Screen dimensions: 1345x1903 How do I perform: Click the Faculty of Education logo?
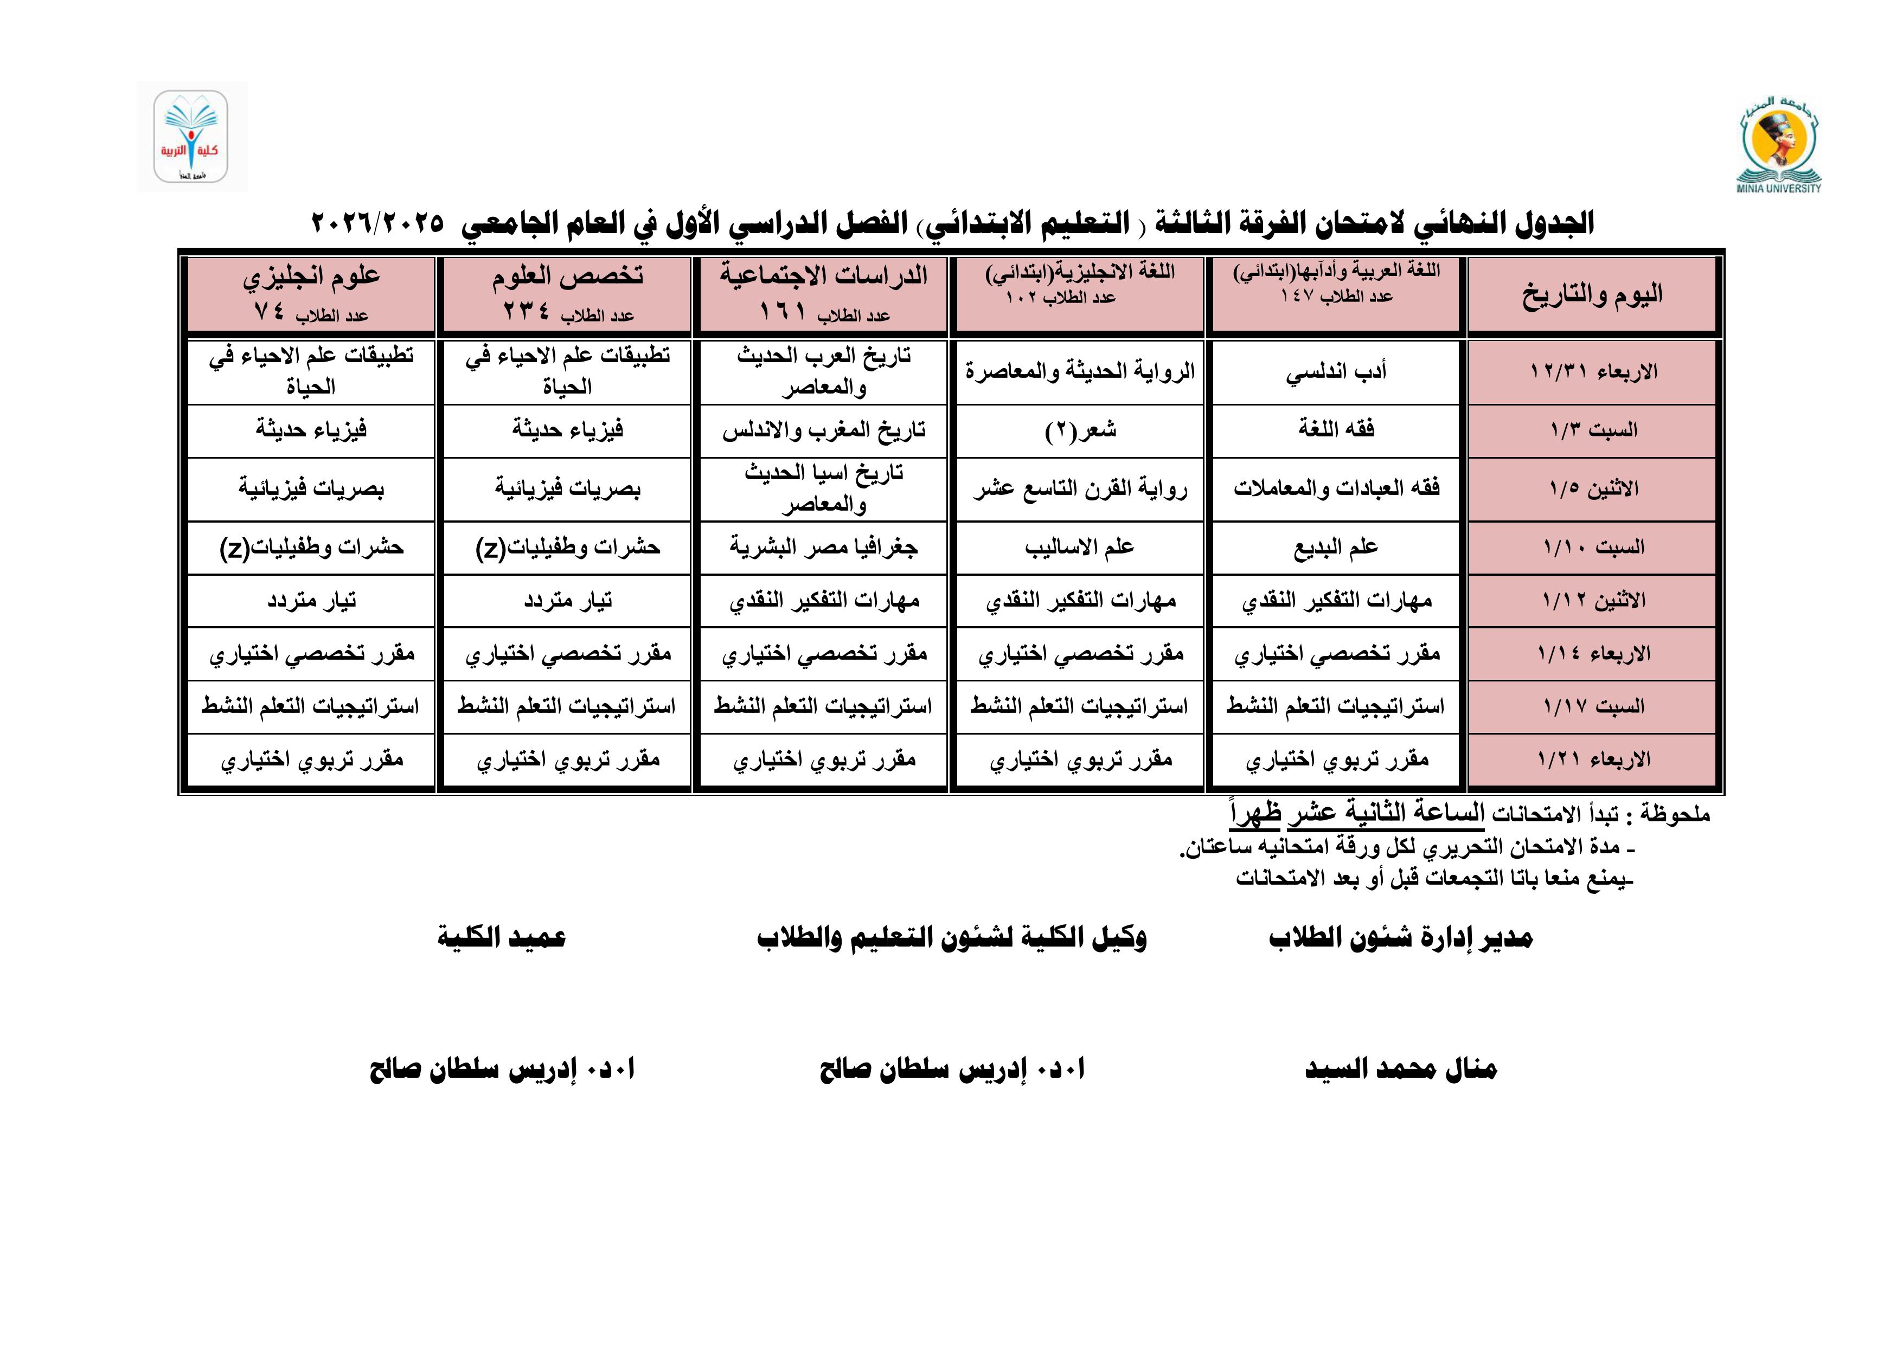[191, 137]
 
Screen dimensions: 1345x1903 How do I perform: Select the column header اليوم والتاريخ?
[1591, 295]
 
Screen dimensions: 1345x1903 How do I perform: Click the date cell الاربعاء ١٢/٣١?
[1591, 372]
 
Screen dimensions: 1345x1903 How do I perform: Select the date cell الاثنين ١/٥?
[1591, 489]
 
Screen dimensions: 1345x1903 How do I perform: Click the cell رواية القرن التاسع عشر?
[1079, 489]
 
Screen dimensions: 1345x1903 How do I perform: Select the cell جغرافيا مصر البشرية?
[823, 548]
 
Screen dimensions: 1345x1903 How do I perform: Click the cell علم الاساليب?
[1079, 548]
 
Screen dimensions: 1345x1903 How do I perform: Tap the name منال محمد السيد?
[1401, 1069]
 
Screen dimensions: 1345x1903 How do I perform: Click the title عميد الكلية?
[502, 938]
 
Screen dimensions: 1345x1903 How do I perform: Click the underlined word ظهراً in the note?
[1255, 814]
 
